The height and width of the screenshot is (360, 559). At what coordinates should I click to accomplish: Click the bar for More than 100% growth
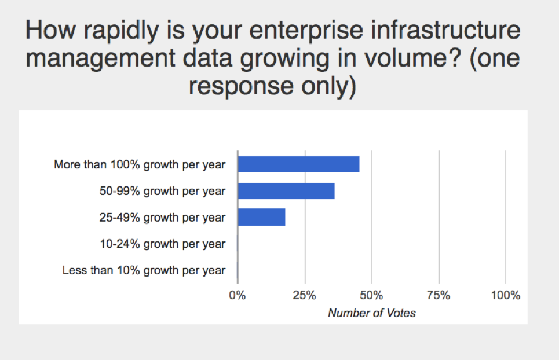(x=298, y=164)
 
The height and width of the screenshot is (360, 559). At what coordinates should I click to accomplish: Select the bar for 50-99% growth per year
(x=286, y=191)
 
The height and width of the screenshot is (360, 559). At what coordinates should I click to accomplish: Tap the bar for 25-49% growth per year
(x=261, y=217)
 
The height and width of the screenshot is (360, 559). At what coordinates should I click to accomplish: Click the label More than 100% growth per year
(x=140, y=165)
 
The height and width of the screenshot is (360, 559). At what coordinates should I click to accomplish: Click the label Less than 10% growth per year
(x=144, y=270)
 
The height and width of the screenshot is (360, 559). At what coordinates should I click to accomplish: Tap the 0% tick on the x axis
(x=238, y=296)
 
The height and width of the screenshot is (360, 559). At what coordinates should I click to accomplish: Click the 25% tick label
(x=304, y=296)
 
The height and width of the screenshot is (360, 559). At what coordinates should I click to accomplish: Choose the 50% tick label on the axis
(x=371, y=296)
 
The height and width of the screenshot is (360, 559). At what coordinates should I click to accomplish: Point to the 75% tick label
(x=439, y=296)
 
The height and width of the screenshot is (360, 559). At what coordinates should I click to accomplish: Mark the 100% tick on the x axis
(x=505, y=296)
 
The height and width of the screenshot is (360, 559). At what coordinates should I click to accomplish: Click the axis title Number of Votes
(x=371, y=313)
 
